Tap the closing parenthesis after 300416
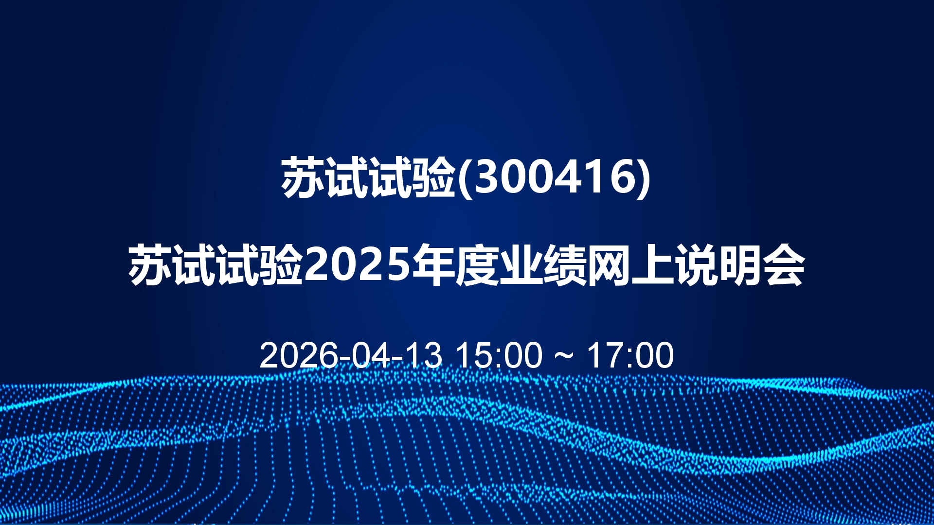point(643,178)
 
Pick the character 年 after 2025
point(433,265)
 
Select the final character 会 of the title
point(784,265)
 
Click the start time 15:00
point(499,355)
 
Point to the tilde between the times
point(564,356)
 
